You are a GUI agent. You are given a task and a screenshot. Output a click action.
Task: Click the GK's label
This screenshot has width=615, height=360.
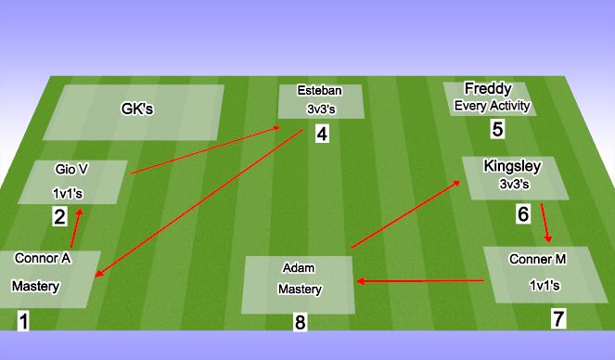[137, 109]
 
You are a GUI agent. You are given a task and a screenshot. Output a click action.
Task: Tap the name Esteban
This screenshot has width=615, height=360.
[319, 91]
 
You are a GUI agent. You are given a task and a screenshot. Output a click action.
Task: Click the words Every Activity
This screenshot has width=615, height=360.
[492, 106]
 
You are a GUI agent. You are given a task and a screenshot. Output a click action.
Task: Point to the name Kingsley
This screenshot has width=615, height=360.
[508, 166]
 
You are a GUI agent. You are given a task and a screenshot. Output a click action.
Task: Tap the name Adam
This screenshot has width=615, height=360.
[298, 267]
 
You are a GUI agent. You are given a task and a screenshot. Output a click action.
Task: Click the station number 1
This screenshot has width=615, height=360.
[23, 322]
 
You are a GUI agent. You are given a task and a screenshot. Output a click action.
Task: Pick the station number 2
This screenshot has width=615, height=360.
[59, 218]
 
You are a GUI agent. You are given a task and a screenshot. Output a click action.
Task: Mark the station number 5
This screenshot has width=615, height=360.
[497, 129]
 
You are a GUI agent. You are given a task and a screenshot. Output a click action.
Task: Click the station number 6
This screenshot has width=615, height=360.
[523, 214]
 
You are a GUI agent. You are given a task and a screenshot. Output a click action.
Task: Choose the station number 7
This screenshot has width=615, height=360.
[557, 319]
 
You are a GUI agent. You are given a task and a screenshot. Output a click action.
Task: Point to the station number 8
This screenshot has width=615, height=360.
[299, 323]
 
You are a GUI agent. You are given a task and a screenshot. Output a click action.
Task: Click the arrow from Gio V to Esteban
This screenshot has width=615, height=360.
[206, 149]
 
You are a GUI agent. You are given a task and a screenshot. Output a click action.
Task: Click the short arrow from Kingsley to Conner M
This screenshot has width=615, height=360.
[547, 223]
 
